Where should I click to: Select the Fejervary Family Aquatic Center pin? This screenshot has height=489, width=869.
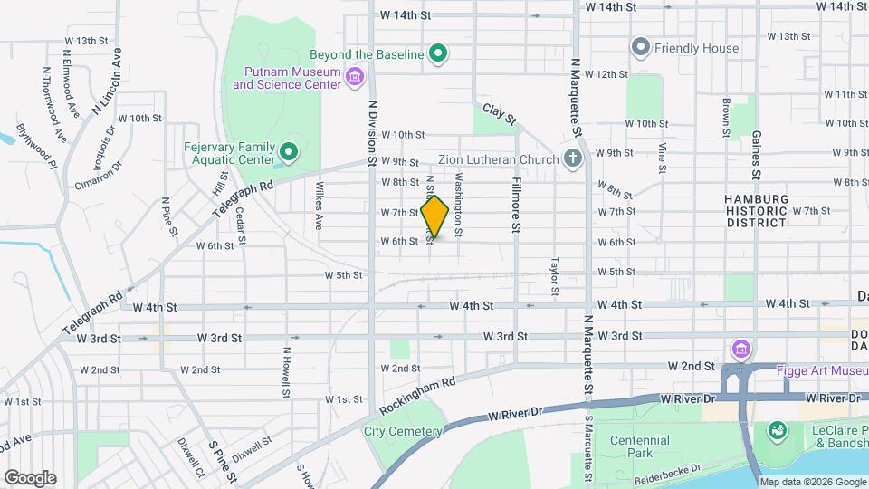point(289,151)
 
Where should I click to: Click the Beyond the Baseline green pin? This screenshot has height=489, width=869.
point(439,54)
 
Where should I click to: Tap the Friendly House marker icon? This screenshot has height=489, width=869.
point(641,46)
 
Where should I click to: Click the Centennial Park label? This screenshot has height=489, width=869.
point(639,446)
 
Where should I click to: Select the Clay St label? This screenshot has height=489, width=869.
point(499,114)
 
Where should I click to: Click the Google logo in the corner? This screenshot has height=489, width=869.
point(30,477)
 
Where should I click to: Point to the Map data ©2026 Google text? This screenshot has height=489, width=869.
point(811,482)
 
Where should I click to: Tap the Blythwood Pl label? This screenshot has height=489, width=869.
point(35,147)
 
